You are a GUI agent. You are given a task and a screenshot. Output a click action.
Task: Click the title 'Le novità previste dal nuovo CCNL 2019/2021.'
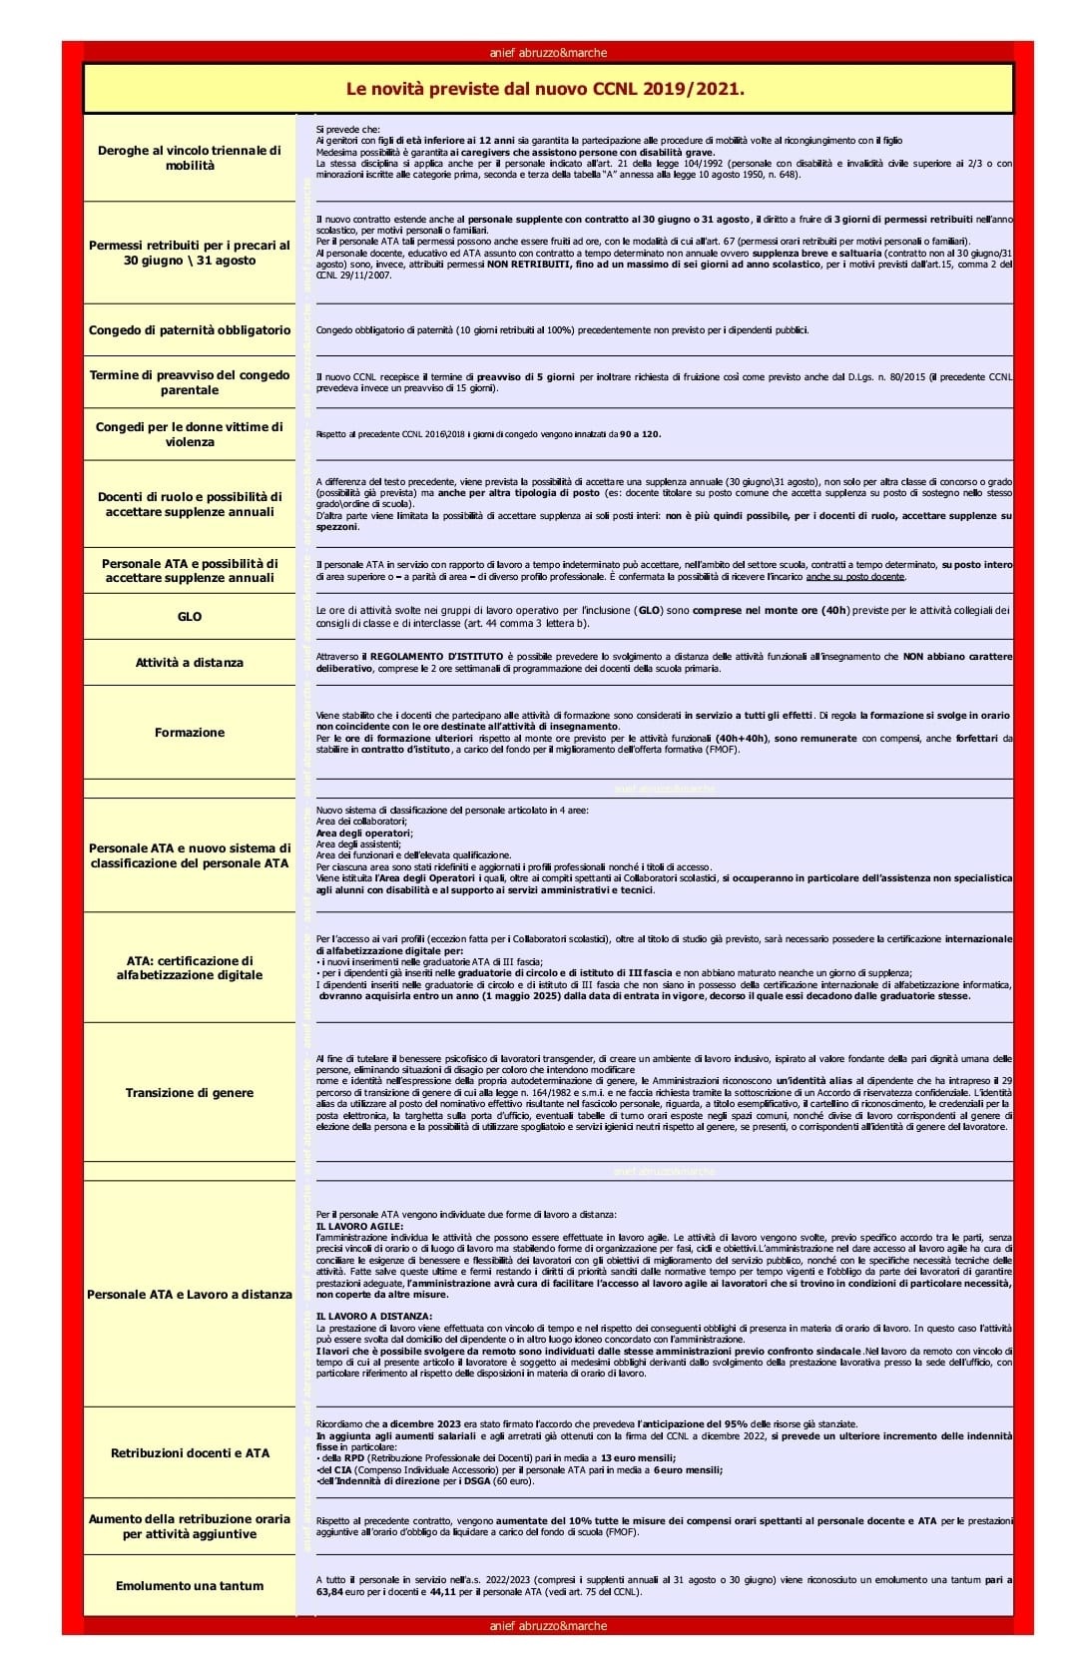click(x=545, y=89)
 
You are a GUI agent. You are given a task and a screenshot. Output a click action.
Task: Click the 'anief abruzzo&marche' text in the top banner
click(x=548, y=53)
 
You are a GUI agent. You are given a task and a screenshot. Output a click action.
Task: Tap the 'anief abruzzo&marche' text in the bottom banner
click(x=548, y=1626)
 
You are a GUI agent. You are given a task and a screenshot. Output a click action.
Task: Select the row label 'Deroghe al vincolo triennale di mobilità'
click(x=190, y=158)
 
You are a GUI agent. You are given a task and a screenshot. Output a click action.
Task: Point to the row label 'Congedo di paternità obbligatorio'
click(x=190, y=330)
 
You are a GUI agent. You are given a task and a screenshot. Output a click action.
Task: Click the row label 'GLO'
click(x=190, y=617)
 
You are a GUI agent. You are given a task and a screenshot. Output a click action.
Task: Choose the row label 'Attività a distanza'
click(x=190, y=663)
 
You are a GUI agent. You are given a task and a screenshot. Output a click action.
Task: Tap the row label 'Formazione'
click(x=190, y=733)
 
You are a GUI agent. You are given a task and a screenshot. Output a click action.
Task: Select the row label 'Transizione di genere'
click(x=190, y=1093)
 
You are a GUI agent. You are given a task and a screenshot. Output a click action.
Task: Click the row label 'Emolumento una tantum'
click(x=190, y=1586)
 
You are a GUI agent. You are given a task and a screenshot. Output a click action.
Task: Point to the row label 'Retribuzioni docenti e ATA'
click(x=190, y=1453)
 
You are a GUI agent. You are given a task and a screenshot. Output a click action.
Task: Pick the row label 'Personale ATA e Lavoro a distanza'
click(x=190, y=1295)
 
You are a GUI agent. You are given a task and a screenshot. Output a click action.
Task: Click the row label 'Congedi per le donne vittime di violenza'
click(x=190, y=434)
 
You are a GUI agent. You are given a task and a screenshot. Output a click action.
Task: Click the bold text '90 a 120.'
click(x=640, y=434)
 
